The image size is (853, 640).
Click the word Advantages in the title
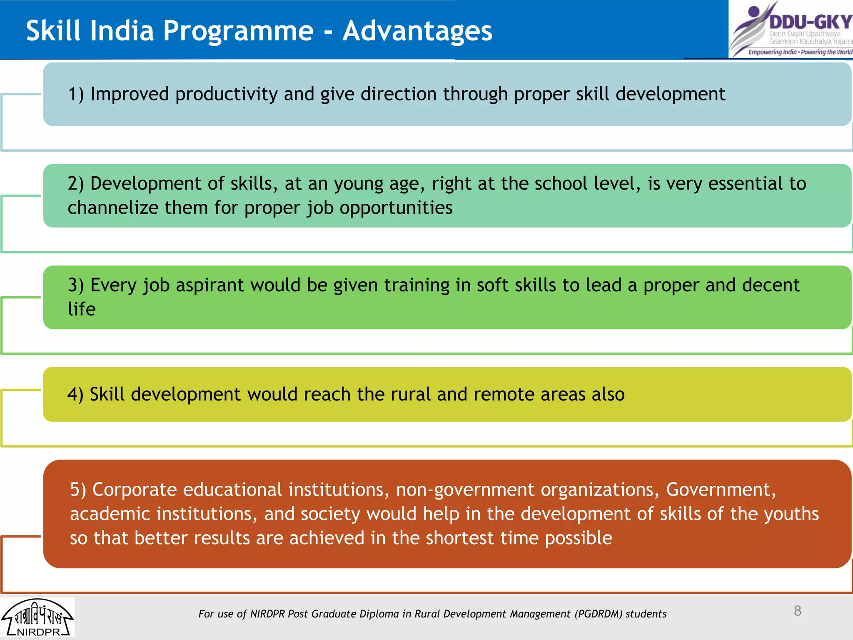click(x=417, y=31)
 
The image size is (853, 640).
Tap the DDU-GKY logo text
click(x=810, y=22)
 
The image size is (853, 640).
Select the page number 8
click(x=797, y=611)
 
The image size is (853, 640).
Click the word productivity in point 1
click(x=226, y=94)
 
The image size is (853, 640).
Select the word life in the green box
click(x=82, y=309)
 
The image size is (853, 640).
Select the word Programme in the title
click(x=238, y=31)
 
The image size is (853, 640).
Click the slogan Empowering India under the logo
click(x=772, y=52)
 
